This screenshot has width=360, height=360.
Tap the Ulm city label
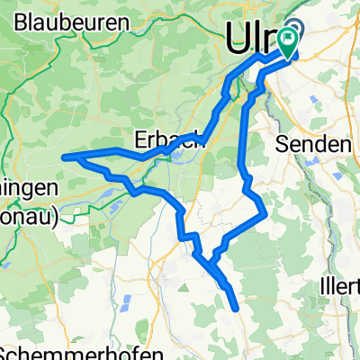point(255,36)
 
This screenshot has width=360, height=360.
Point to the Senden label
point(315,144)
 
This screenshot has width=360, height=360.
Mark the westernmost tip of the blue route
point(63,157)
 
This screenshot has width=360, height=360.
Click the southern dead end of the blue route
point(237,309)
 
